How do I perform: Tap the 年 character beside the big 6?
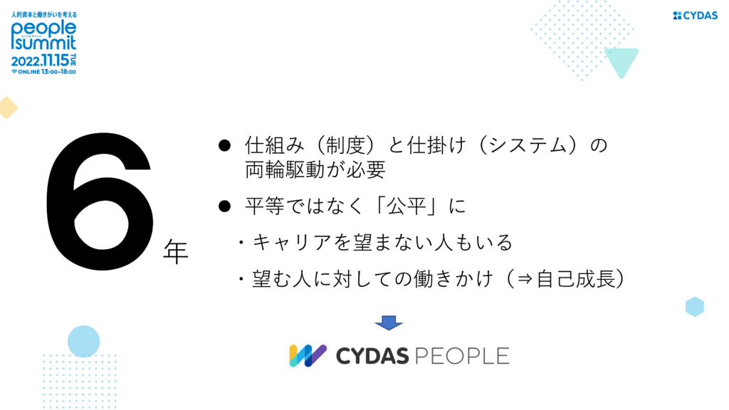(x=176, y=251)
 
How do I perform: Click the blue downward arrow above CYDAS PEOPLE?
(x=389, y=322)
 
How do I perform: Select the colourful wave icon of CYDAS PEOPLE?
(x=308, y=356)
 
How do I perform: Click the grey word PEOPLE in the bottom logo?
(x=461, y=356)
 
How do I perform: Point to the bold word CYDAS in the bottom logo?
(x=372, y=356)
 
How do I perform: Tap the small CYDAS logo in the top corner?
(x=695, y=16)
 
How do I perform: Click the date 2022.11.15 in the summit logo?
(x=40, y=61)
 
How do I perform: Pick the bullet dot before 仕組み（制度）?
(x=224, y=146)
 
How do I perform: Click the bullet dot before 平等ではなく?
(x=224, y=206)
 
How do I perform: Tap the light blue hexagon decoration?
(x=695, y=307)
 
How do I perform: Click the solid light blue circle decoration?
(x=84, y=341)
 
